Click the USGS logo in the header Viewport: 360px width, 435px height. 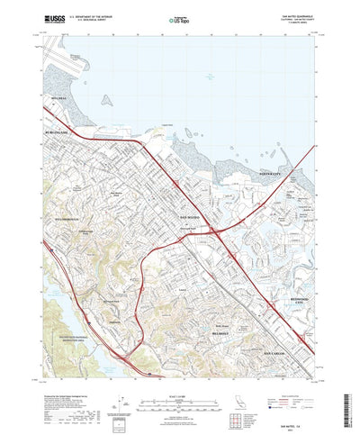(x=41, y=18)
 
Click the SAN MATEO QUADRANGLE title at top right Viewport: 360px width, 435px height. (x=300, y=14)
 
